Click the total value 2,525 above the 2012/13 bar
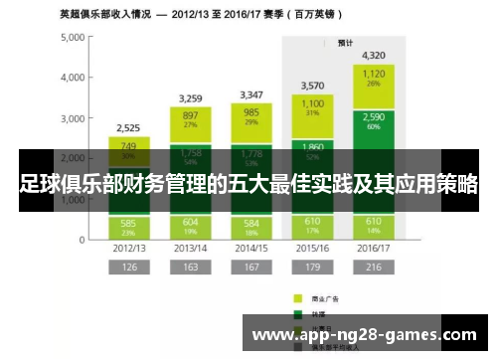[x=128, y=127]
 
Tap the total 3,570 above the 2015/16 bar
[x=313, y=86]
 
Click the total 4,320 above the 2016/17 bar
[x=374, y=55]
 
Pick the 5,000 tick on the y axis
[x=72, y=37]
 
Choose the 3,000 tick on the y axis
[x=72, y=118]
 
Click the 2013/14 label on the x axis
[x=190, y=247]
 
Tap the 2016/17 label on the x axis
[x=373, y=247]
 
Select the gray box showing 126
[x=128, y=268]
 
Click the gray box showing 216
[x=374, y=268]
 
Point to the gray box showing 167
[x=251, y=268]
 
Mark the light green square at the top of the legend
[x=297, y=297]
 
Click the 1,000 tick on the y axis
[x=72, y=199]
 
